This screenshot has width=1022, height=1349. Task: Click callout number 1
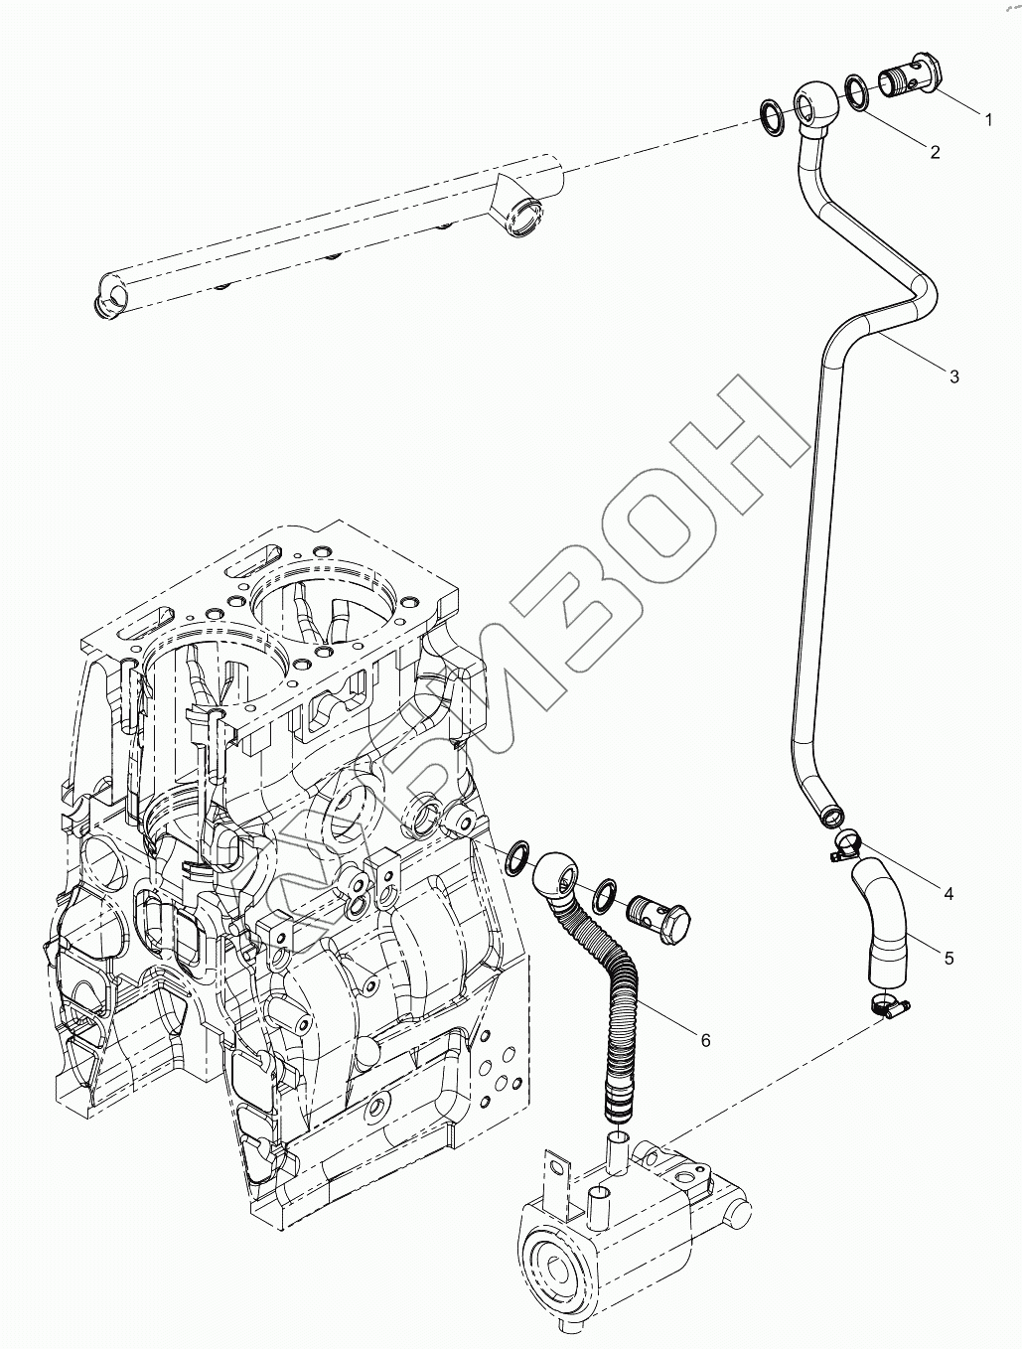(x=988, y=118)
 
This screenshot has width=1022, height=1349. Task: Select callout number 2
(x=935, y=151)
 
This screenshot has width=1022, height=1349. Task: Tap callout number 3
(x=953, y=376)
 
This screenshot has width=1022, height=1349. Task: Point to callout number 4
(x=949, y=894)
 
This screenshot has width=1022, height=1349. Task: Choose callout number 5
(x=949, y=958)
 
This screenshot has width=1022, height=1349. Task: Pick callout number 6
(x=705, y=1040)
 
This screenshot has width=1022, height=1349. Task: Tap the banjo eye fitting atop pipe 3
(x=814, y=104)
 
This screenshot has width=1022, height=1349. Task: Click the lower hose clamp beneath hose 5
(x=888, y=1006)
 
